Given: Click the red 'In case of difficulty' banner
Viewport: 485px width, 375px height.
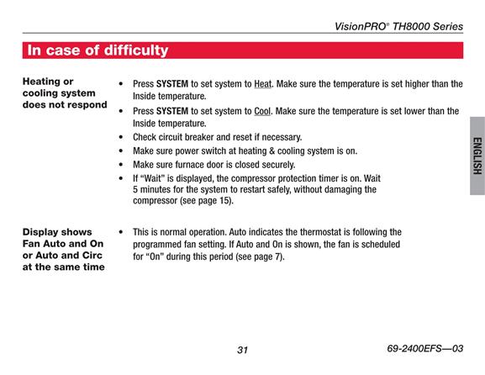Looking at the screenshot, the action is tap(243, 50).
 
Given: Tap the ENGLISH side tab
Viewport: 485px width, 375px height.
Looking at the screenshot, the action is tap(477, 156).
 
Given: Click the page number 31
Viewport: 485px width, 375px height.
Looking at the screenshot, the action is tap(242, 350).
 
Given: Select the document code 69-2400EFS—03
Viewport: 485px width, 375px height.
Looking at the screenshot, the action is tap(425, 349).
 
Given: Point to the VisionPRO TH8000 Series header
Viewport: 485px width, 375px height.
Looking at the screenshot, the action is tap(398, 26).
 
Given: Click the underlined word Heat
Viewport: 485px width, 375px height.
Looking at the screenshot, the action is tap(263, 84).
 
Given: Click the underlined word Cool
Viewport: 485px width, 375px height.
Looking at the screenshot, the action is tap(262, 111).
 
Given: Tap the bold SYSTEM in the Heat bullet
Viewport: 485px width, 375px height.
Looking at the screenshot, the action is tap(172, 84).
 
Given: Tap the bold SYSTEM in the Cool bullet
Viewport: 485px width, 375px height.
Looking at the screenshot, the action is tap(172, 111).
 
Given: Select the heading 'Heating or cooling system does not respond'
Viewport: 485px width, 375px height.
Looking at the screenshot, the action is tap(65, 93).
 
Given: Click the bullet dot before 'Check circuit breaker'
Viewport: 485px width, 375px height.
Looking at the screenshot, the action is tap(121, 137).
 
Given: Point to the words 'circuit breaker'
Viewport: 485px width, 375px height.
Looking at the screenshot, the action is tap(194, 137).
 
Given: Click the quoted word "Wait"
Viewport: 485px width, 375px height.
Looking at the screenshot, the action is tap(153, 178).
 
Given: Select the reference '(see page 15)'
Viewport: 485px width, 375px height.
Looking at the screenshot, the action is tap(207, 200).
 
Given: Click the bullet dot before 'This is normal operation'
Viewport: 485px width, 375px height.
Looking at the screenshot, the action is tap(121, 232).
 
